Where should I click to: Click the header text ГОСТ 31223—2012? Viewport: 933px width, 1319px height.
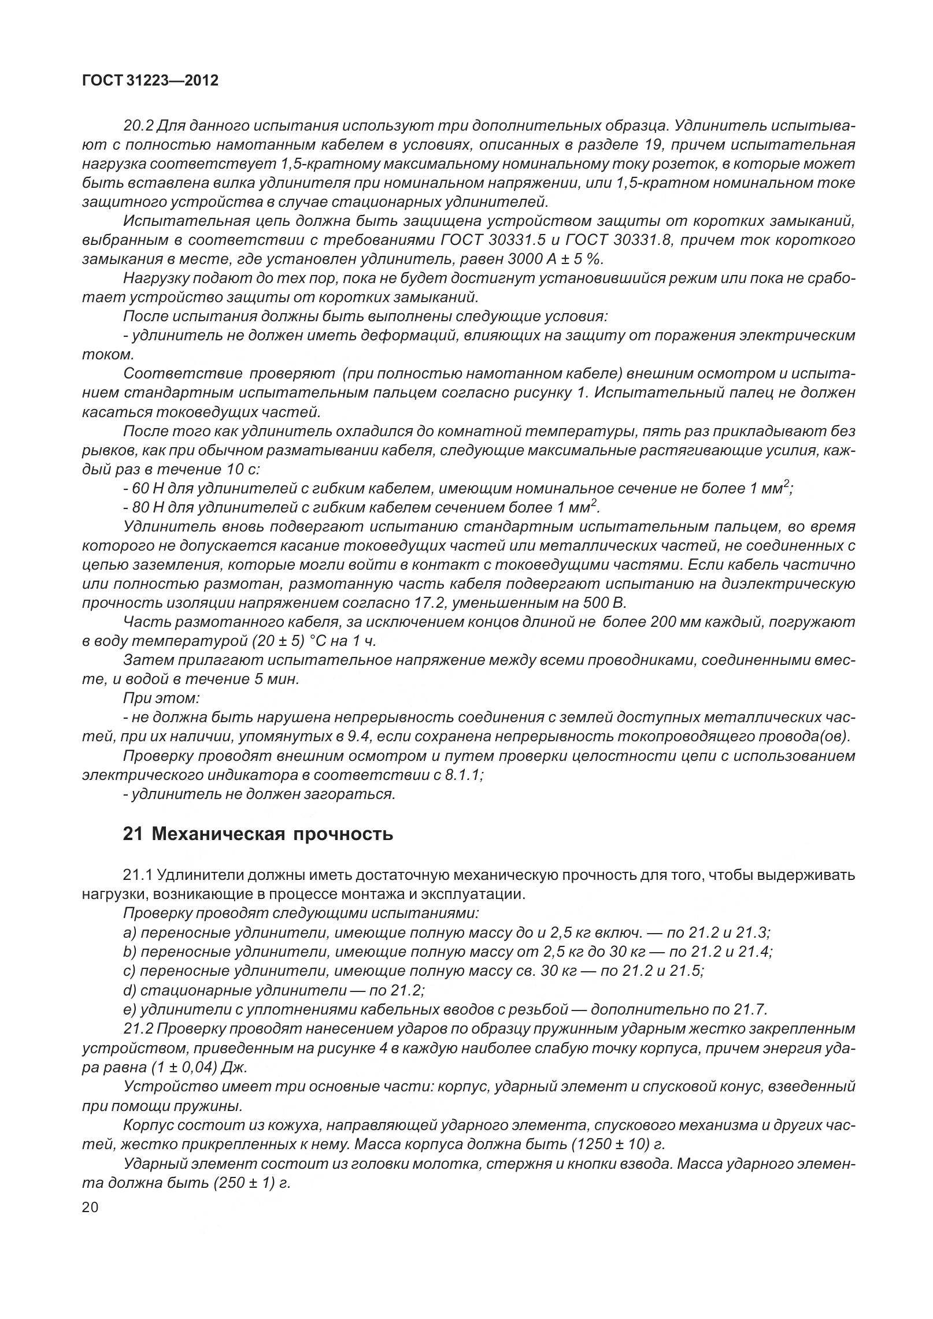pos(150,81)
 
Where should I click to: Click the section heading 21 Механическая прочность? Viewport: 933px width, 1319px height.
pos(258,834)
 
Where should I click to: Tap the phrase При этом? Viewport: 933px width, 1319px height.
pos(161,698)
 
